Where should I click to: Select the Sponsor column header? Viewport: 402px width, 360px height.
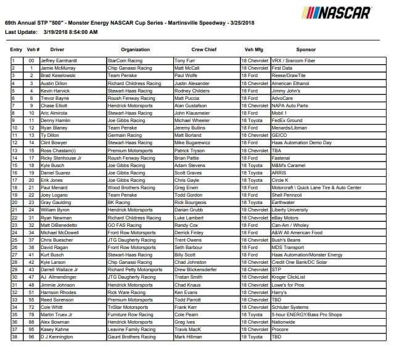click(x=305, y=49)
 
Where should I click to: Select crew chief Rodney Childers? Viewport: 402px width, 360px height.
click(x=192, y=91)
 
